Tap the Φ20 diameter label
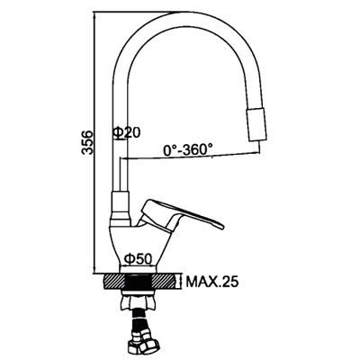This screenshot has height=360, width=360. tap(127, 133)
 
